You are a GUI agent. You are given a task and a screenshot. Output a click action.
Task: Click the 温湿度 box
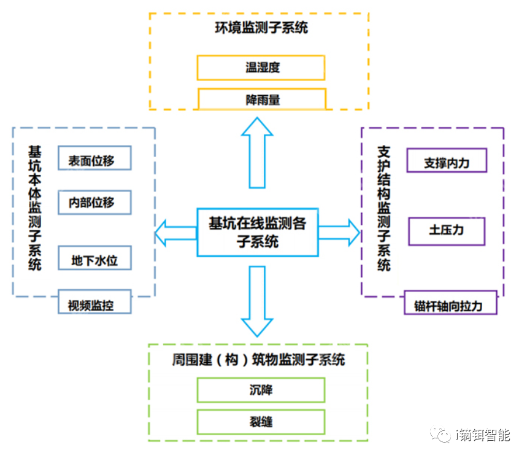261,68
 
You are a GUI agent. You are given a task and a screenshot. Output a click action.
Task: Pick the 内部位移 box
94,202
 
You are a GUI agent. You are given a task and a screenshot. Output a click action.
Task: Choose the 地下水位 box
94,260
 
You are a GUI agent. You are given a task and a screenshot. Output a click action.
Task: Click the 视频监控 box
94,303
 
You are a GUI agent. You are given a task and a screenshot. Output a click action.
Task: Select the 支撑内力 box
446,161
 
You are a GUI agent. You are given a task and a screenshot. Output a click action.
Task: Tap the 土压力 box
446,231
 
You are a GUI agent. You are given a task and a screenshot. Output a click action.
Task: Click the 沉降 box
261,390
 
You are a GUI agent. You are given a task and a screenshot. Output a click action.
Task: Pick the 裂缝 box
261,422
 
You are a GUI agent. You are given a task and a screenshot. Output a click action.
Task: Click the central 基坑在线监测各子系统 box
258,232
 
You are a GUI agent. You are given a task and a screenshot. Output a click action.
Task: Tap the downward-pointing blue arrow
258,301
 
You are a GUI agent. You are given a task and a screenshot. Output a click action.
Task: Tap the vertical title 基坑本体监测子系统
35,209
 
